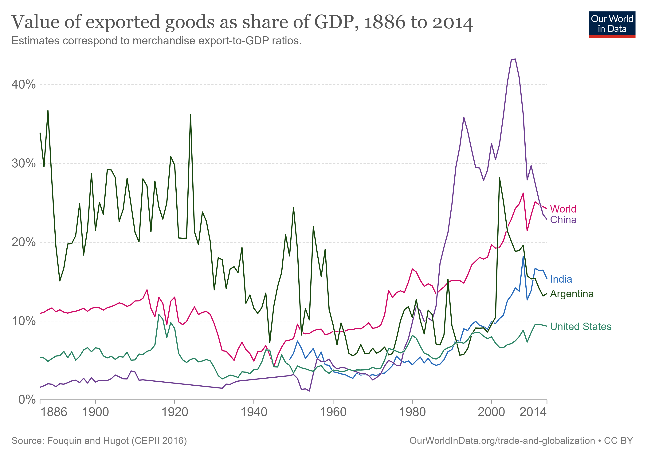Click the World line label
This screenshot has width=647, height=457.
pyautogui.click(x=563, y=209)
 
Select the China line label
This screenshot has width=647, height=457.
pyautogui.click(x=563, y=220)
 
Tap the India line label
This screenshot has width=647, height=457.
pyautogui.click(x=561, y=279)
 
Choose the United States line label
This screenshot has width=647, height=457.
pyautogui.click(x=581, y=326)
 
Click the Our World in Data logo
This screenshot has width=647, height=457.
pyautogui.click(x=612, y=24)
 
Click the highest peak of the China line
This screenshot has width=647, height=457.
pyautogui.click(x=515, y=59)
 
